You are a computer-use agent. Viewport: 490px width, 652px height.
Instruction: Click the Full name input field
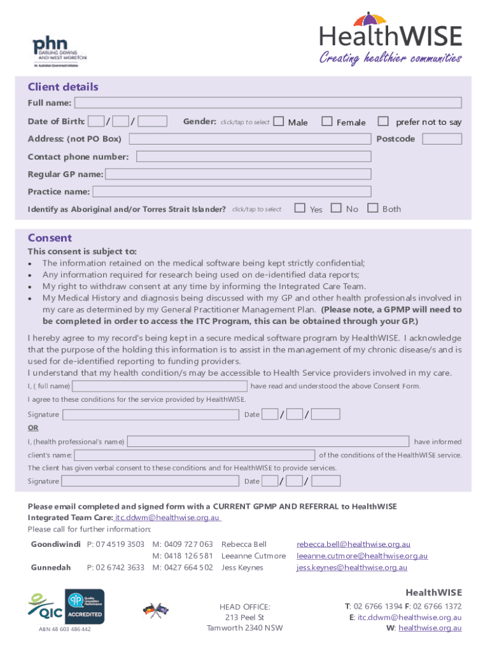click(x=268, y=103)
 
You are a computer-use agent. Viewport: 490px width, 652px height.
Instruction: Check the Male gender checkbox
click(x=279, y=121)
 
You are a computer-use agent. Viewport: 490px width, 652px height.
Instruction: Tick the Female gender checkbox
click(x=327, y=121)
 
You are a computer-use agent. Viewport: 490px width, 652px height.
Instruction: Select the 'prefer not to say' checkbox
click(x=383, y=121)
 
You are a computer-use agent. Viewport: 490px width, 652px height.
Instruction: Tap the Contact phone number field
click(x=253, y=157)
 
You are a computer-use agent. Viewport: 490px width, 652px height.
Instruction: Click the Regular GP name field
click(x=238, y=174)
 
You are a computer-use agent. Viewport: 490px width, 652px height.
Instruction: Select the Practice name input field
click(x=231, y=191)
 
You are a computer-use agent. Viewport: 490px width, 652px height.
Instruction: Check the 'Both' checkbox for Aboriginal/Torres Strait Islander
click(x=373, y=208)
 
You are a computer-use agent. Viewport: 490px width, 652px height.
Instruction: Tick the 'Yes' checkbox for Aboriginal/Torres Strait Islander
click(x=300, y=208)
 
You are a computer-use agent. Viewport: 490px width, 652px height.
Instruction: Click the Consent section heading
click(x=50, y=238)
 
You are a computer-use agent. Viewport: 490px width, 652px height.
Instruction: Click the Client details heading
click(x=62, y=87)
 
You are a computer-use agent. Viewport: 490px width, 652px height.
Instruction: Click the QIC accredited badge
click(x=85, y=606)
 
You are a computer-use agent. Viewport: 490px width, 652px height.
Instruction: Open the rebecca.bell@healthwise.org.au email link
click(x=353, y=544)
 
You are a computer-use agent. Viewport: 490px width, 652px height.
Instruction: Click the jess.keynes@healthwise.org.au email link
click(x=352, y=567)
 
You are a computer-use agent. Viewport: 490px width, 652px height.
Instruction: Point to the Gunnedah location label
click(x=51, y=567)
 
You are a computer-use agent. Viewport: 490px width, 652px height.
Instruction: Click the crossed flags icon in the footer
click(x=156, y=609)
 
